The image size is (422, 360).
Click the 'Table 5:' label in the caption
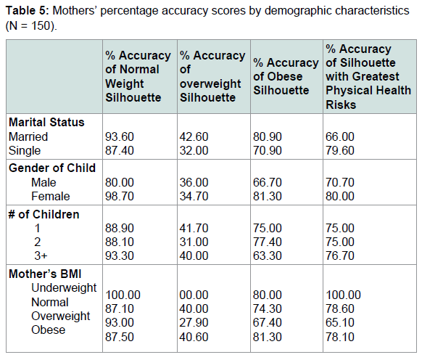[28, 11]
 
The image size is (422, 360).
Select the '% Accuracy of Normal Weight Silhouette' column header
[138, 76]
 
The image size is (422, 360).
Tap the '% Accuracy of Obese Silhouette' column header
[286, 76]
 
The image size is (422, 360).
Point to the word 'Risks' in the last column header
[341, 105]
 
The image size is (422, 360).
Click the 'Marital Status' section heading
[46, 122]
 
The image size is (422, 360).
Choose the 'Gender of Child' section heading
[52, 168]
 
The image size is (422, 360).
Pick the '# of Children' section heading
[44, 215]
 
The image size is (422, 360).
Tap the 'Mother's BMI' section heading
[45, 274]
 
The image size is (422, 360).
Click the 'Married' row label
[28, 136]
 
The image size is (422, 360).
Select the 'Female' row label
[51, 196]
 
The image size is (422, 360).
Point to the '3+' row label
[41, 255]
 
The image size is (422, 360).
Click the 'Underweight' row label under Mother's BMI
[64, 288]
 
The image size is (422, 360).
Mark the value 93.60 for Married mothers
[120, 136]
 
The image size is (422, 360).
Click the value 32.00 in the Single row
[194, 150]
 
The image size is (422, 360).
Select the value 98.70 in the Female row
[120, 196]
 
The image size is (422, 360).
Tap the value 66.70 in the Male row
[268, 182]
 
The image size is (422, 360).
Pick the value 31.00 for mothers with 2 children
[194, 242]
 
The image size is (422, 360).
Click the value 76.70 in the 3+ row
[340, 255]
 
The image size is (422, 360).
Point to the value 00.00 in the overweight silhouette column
[194, 295]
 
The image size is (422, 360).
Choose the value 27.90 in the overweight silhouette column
[194, 322]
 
